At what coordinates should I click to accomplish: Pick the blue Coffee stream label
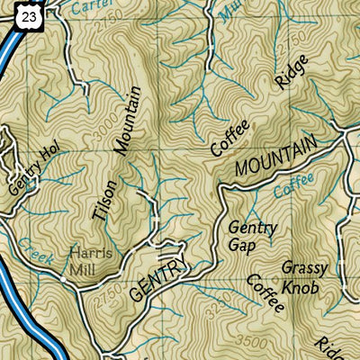(295, 186)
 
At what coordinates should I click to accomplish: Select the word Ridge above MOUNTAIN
(292, 75)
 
